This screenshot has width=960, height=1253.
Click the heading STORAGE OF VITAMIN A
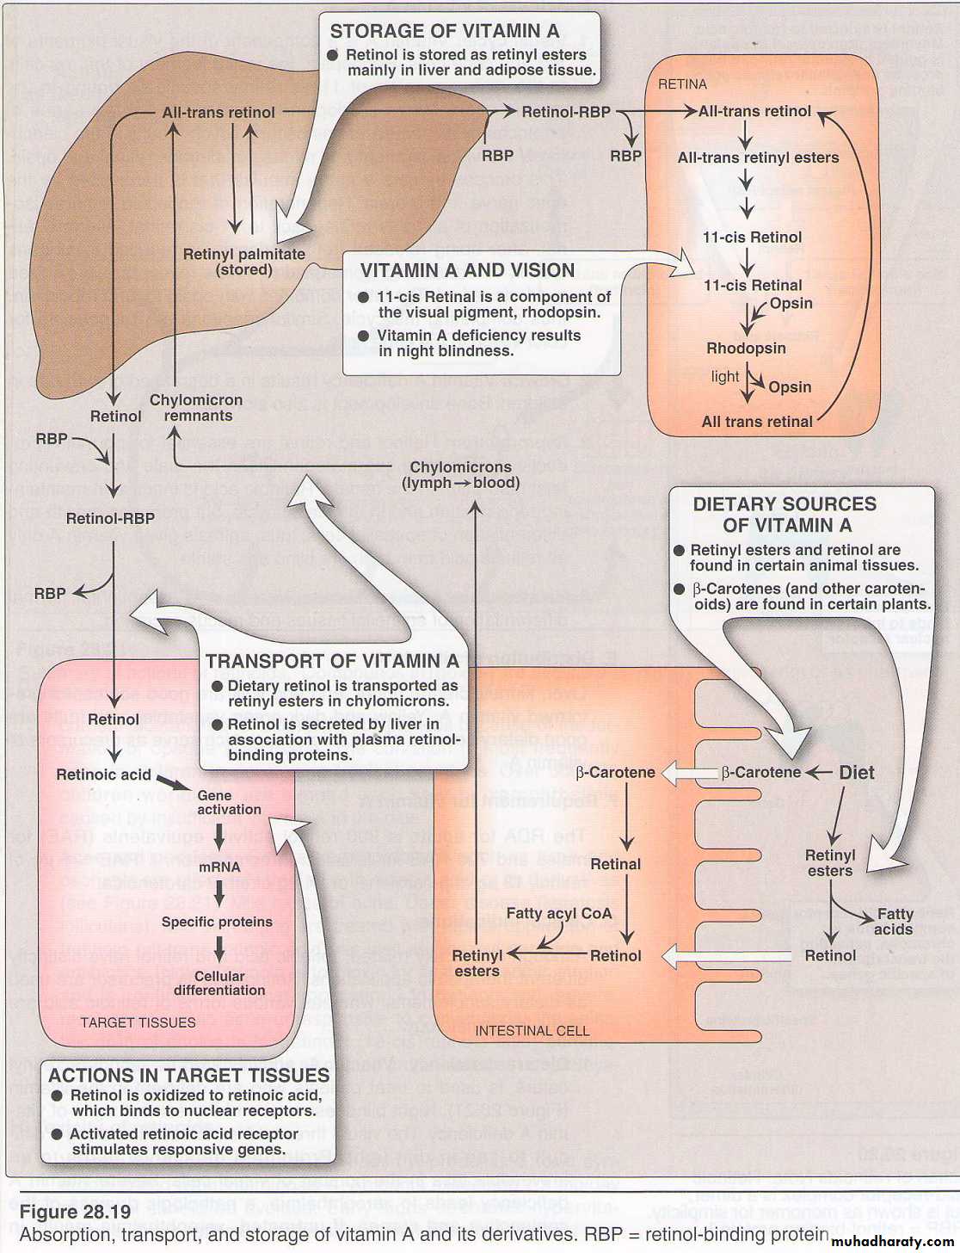(444, 31)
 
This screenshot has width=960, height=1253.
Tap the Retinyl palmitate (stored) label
(244, 262)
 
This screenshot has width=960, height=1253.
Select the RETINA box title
(682, 84)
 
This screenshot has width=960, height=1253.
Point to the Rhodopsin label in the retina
(746, 349)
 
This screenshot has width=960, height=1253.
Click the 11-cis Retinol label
(752, 238)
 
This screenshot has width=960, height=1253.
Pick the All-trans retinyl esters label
(758, 158)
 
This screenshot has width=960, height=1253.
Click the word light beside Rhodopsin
(725, 377)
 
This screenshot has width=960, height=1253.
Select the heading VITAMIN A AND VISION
(467, 270)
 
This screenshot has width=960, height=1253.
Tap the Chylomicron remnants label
(196, 408)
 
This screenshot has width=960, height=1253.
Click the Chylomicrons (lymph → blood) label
(460, 475)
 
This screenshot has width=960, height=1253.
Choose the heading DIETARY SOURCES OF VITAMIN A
(785, 515)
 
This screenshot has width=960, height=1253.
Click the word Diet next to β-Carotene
(857, 773)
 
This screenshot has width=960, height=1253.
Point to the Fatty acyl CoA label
(559, 913)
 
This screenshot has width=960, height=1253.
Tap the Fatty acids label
(894, 922)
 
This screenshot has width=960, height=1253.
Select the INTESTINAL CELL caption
(532, 1030)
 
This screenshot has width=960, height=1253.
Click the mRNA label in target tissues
(219, 867)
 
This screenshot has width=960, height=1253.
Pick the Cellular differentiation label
(219, 983)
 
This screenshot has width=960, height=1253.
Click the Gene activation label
(228, 802)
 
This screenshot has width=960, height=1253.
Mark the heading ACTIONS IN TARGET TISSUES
(189, 1075)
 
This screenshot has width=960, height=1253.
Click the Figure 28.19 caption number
(75, 1213)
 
